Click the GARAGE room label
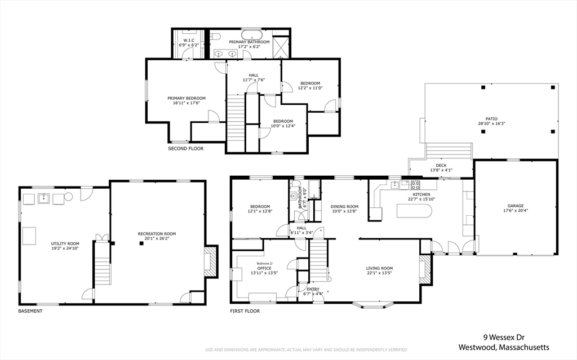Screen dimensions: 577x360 pyautogui.click(x=515, y=206)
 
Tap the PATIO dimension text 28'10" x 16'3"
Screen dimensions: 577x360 pyautogui.click(x=491, y=124)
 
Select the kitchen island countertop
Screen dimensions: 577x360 pyautogui.click(x=414, y=211)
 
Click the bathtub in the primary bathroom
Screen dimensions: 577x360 pyautogui.click(x=252, y=36)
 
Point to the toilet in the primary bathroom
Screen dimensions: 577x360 pyautogui.click(x=215, y=35)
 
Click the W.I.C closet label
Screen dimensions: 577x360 pyautogui.click(x=189, y=40)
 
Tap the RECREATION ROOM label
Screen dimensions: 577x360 pyautogui.click(x=157, y=234)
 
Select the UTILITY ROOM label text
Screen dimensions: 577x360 pyautogui.click(x=65, y=244)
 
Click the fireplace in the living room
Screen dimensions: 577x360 pyautogui.click(x=425, y=270)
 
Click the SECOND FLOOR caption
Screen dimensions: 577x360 pyautogui.click(x=185, y=149)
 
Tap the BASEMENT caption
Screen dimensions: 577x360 pyautogui.click(x=30, y=311)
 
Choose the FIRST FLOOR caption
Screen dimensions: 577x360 pyautogui.click(x=245, y=311)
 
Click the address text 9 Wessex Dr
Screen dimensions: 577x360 pyautogui.click(x=504, y=337)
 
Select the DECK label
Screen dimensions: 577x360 pyautogui.click(x=441, y=166)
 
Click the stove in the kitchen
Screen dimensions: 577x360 pyautogui.click(x=415, y=184)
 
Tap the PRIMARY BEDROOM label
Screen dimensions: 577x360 pyautogui.click(x=186, y=98)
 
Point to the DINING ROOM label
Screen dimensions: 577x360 pyautogui.click(x=344, y=207)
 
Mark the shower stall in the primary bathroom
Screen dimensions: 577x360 pyautogui.click(x=281, y=47)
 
